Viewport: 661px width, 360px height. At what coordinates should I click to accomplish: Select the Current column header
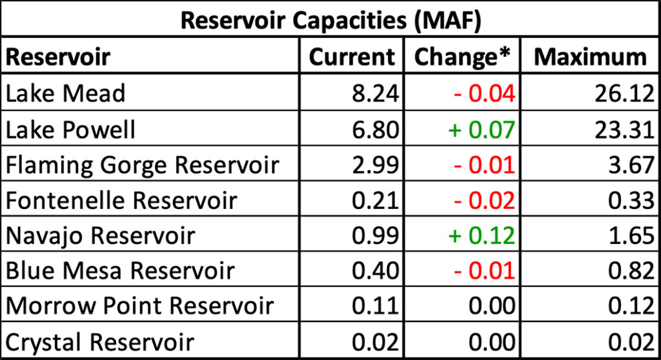click(352, 57)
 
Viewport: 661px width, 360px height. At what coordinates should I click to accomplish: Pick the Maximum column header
click(590, 57)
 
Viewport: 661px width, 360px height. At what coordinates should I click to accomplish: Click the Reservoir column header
click(58, 57)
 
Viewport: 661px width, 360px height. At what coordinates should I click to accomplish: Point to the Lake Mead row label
click(65, 94)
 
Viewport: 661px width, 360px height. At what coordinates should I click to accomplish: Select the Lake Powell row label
click(71, 130)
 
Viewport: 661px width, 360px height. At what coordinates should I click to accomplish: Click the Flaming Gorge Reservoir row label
click(142, 165)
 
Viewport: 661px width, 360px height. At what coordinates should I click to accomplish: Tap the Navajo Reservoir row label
click(100, 235)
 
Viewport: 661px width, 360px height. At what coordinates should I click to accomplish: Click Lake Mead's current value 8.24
click(373, 94)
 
